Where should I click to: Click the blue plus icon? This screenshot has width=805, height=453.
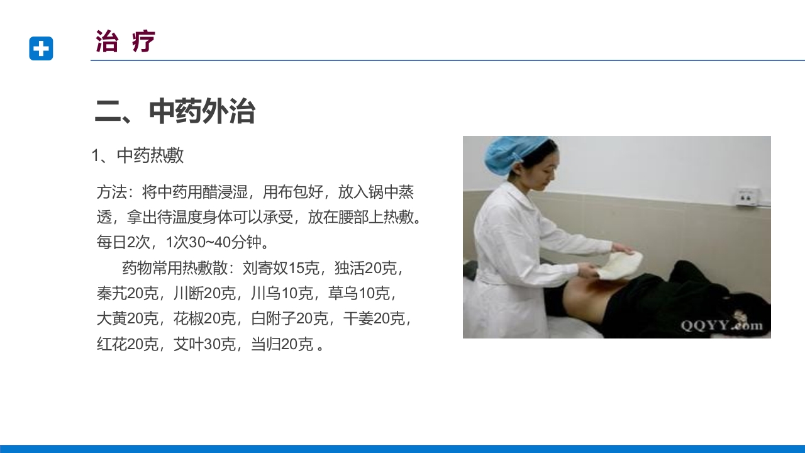coord(41,48)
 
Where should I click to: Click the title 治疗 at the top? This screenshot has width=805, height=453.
coord(125,42)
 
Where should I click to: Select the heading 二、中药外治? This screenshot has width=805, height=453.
coord(175,111)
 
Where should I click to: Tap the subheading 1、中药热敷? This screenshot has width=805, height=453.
coord(138,155)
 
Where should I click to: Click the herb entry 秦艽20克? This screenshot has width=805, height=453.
coord(127,293)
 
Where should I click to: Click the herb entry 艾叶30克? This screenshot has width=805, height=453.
coord(204,344)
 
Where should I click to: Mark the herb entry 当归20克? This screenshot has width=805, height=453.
coord(281,344)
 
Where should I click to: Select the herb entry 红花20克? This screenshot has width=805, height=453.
coord(127,344)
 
